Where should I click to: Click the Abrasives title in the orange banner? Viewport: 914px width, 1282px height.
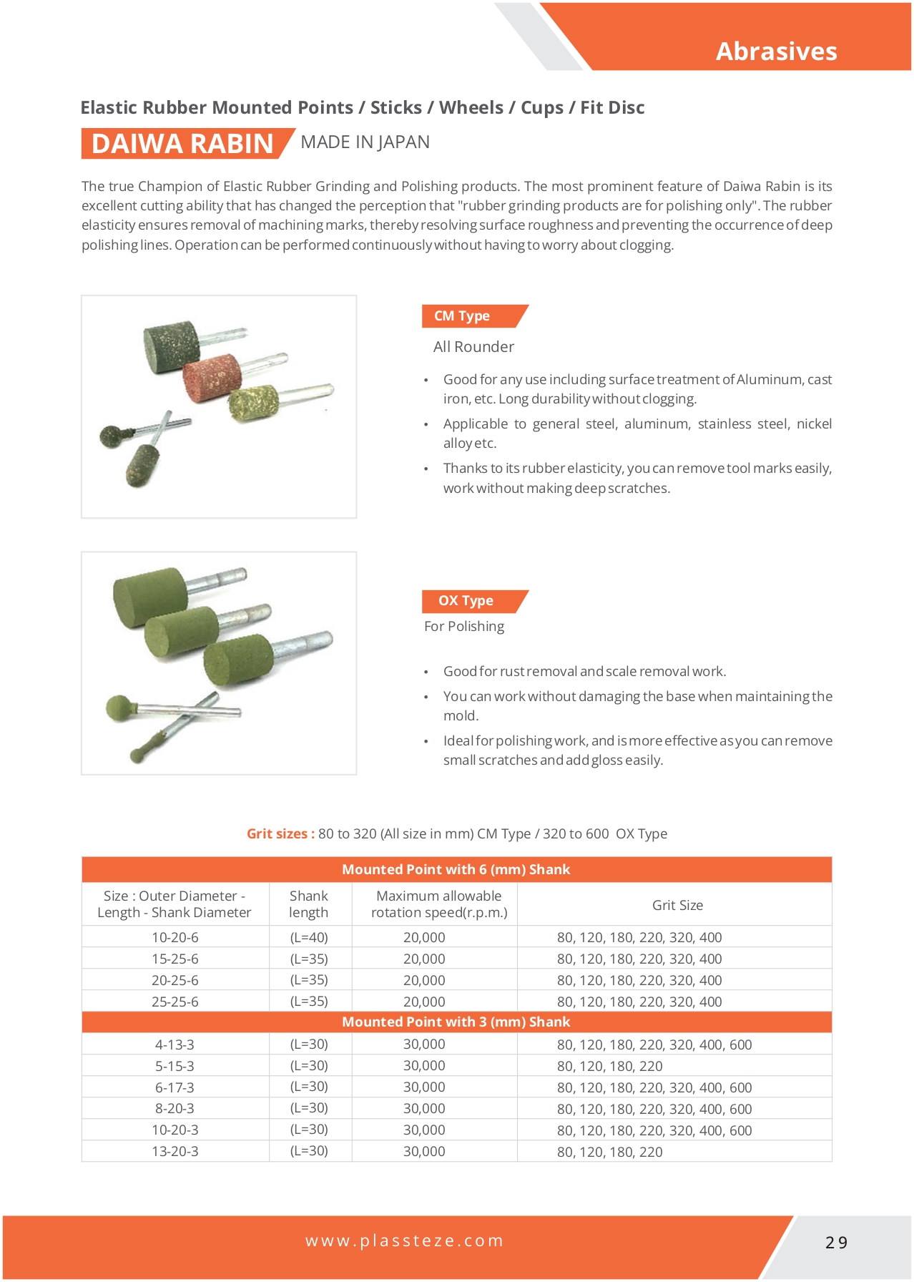click(x=776, y=52)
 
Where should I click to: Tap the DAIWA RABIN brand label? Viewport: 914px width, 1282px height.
click(x=182, y=144)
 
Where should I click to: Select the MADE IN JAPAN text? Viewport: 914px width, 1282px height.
click(x=365, y=142)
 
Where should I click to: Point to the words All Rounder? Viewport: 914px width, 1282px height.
click(x=473, y=347)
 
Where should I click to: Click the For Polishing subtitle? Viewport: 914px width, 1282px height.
click(x=464, y=627)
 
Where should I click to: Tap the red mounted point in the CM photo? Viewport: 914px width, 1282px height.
click(x=212, y=375)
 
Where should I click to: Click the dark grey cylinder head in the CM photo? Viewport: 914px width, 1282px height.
click(x=171, y=346)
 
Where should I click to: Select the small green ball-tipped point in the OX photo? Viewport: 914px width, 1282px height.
click(x=118, y=708)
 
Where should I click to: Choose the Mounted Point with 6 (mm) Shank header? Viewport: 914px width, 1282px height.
click(x=456, y=869)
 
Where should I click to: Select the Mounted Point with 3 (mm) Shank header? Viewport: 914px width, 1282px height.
click(x=456, y=1022)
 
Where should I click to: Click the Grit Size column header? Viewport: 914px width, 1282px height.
click(x=677, y=905)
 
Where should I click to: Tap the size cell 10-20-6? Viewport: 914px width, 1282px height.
click(x=175, y=937)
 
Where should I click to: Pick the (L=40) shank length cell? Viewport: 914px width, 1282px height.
click(x=309, y=937)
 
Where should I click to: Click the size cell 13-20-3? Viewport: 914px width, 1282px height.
click(x=175, y=1151)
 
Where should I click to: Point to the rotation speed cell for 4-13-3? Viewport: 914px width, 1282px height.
click(x=424, y=1044)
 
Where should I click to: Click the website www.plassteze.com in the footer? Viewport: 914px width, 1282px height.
click(x=405, y=1241)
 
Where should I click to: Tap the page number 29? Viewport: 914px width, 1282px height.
click(x=836, y=1243)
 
